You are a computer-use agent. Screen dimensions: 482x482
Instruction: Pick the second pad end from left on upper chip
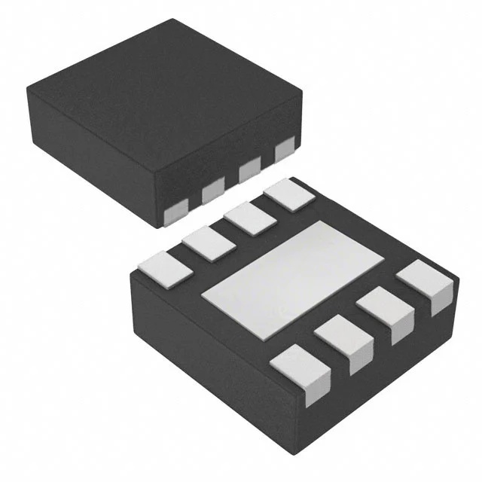tap(214, 193)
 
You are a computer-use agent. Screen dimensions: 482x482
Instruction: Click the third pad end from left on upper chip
tap(250, 171)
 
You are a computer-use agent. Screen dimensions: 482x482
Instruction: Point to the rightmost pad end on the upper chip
tap(285, 151)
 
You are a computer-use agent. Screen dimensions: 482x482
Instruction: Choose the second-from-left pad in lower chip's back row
tap(206, 243)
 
